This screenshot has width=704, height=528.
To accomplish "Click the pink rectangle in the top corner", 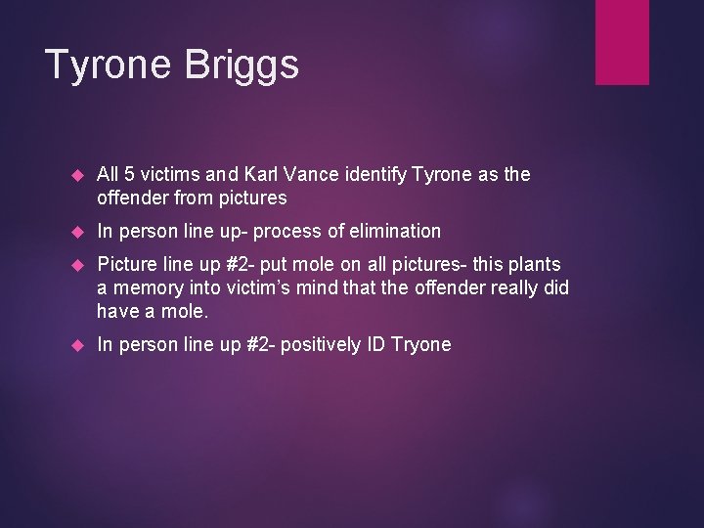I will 622,41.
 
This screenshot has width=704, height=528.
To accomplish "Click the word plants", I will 534,264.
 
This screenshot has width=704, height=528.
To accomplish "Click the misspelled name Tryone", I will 420,344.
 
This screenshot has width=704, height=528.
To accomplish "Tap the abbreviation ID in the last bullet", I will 376,344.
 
